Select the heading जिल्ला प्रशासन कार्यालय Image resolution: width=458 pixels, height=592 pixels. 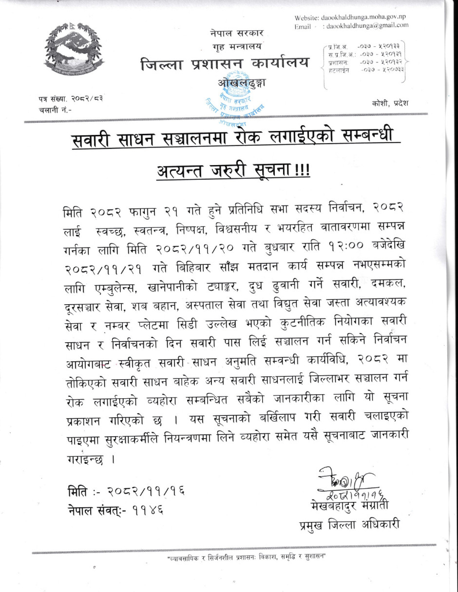click(x=225, y=64)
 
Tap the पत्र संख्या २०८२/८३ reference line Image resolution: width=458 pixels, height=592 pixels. click(x=71, y=99)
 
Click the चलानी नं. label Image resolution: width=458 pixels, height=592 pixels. click(x=55, y=110)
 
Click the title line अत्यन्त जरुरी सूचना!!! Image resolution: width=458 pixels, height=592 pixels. click(x=233, y=171)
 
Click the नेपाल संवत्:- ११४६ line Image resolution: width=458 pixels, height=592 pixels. click(x=115, y=510)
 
